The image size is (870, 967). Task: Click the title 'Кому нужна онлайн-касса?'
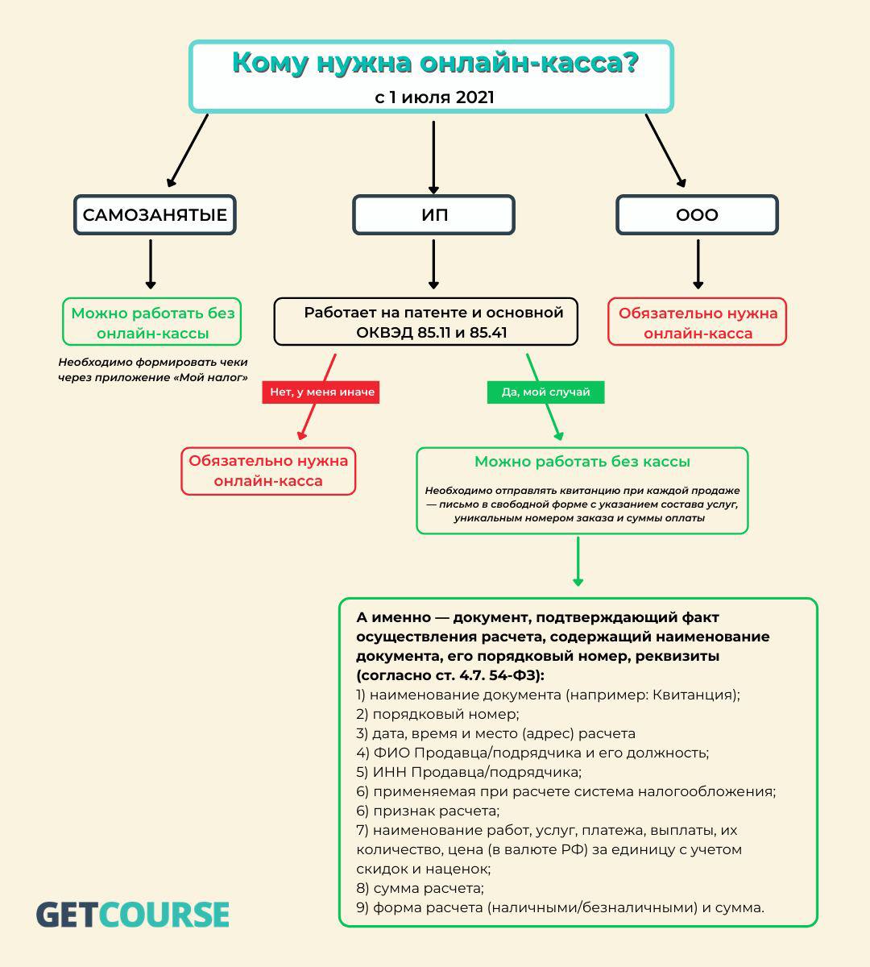coord(435,63)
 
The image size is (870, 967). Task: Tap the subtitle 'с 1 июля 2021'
coord(435,98)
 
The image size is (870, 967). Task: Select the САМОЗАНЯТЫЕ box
coord(155,215)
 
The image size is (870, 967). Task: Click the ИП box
coord(434,215)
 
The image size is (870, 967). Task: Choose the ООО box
coord(697,215)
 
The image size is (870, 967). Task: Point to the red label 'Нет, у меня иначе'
coord(321,392)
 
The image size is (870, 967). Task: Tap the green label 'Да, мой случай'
coord(545,392)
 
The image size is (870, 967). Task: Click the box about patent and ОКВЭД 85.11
coord(425,322)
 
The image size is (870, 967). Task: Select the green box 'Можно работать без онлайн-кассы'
coord(151,322)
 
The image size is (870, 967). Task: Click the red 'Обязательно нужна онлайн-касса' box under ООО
coord(697,322)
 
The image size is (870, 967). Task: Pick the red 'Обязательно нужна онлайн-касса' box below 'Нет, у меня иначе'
coord(268,471)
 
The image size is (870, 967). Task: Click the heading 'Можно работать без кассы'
coord(582,462)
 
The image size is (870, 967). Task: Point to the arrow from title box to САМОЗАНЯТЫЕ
coord(188,151)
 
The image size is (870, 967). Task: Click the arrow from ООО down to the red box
coord(698,264)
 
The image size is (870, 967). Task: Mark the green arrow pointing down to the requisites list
coord(578,562)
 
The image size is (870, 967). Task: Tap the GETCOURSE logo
coord(133,915)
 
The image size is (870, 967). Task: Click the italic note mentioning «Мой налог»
coord(153,370)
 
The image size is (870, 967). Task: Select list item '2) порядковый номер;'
coord(437,714)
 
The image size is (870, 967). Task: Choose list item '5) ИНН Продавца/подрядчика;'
coord(469,772)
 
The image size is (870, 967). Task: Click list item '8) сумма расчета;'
coord(420,888)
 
